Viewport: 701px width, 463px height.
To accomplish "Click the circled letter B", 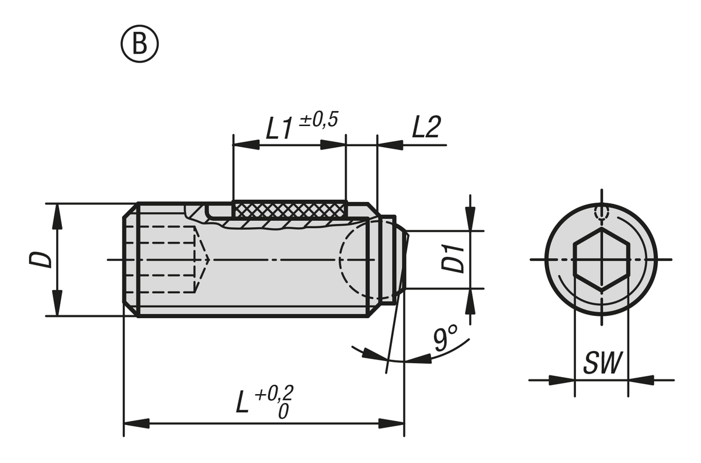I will (x=140, y=44).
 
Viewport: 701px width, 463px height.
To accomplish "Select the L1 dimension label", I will (x=279, y=129).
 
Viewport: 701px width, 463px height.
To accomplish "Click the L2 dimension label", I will (x=425, y=128).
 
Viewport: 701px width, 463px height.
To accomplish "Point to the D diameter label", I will (x=40, y=259).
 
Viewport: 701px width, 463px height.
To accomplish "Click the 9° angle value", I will (x=445, y=339).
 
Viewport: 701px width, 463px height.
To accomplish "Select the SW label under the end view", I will (x=602, y=364).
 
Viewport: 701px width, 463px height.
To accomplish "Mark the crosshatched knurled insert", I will (x=289, y=208).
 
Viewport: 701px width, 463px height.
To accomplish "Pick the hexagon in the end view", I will (x=601, y=259).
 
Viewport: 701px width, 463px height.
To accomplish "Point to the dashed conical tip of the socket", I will (x=202, y=259).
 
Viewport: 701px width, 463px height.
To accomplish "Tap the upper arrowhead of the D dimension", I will (x=57, y=215).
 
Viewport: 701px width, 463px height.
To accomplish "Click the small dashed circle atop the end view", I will (x=601, y=213).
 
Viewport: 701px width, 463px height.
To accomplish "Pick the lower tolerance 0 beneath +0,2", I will (x=283, y=411).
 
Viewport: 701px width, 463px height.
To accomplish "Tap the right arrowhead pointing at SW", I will (x=640, y=380).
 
